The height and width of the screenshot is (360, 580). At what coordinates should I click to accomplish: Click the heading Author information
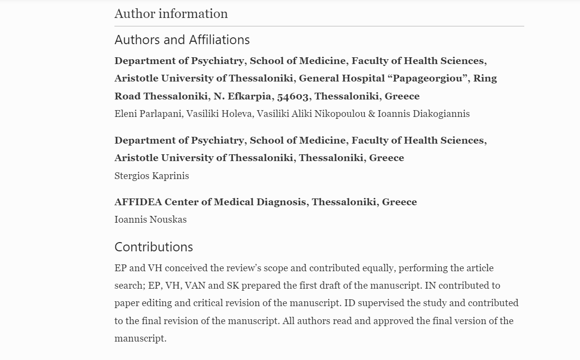coord(171,14)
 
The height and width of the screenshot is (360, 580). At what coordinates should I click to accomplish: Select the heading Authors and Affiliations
coord(182,40)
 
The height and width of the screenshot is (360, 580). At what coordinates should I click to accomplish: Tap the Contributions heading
coord(153,247)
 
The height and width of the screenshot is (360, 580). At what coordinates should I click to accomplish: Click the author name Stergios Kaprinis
coord(151,176)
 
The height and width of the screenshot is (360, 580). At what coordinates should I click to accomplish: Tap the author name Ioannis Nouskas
coord(150,219)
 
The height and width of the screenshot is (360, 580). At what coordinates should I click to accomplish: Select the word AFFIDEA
coord(138,202)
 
